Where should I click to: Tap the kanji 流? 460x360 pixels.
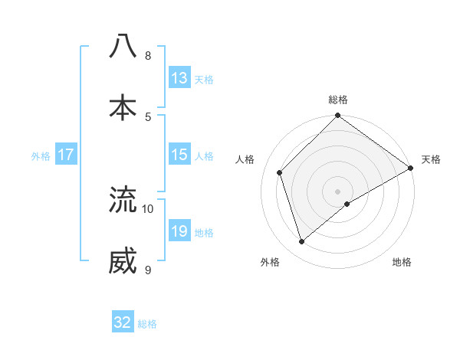[123, 200]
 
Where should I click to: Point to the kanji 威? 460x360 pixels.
[123, 261]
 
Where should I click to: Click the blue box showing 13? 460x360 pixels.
[179, 78]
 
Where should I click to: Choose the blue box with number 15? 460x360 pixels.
[179, 155]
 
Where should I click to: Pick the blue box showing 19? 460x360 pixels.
[179, 231]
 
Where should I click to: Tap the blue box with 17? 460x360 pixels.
[66, 155]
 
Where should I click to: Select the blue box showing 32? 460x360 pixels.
[123, 322]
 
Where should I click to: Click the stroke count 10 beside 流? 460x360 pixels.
[148, 208]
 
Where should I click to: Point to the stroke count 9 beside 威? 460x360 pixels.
[148, 270]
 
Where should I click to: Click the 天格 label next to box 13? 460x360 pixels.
[204, 79]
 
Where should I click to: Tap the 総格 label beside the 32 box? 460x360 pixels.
[147, 323]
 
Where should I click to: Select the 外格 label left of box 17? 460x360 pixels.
[41, 155]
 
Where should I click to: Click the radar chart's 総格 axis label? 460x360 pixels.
[338, 100]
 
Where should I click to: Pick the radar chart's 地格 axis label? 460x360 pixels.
[402, 262]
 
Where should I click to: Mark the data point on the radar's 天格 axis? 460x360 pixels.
[410, 169]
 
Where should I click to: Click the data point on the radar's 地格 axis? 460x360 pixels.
[347, 204]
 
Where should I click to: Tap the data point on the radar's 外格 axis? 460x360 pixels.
[301, 241]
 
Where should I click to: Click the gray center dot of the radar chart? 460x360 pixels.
[338, 191]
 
